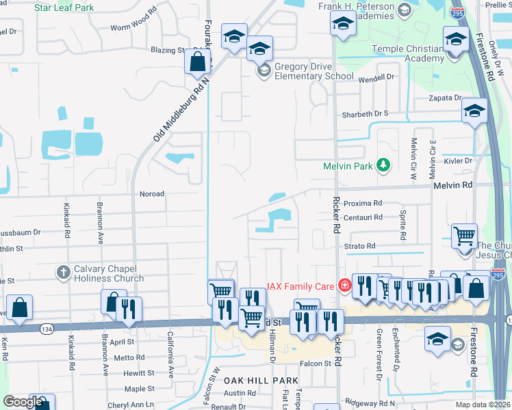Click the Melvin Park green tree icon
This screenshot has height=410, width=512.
pyautogui.click(x=383, y=165)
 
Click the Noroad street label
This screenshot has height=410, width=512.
pyautogui.click(x=152, y=194)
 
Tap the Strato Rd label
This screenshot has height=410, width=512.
pyautogui.click(x=360, y=246)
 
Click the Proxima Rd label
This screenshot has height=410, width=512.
pyautogui.click(x=362, y=204)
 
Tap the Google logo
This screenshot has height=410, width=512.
pyautogui.click(x=23, y=402)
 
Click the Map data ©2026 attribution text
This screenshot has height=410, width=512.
pyautogui.click(x=483, y=405)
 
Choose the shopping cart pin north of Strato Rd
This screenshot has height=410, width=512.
pyautogui.click(x=465, y=236)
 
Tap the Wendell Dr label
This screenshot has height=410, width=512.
pyautogui.click(x=377, y=77)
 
